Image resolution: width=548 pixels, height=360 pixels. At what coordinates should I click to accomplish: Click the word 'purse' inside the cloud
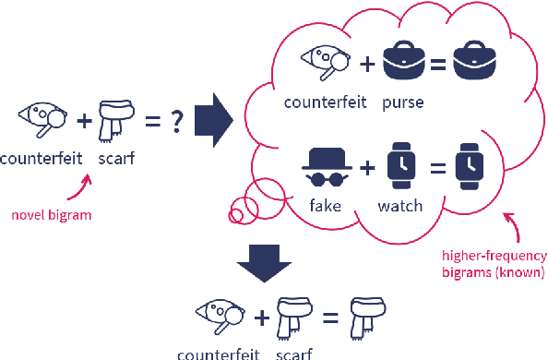tap(402, 102)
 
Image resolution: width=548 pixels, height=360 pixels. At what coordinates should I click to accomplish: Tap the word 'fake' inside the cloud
tap(324, 207)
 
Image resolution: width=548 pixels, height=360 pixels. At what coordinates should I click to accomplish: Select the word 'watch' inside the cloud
tap(400, 207)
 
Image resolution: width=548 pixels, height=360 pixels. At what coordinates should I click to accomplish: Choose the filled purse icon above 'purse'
tap(403, 60)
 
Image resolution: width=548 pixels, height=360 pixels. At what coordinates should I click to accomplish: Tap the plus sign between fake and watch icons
tap(366, 168)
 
